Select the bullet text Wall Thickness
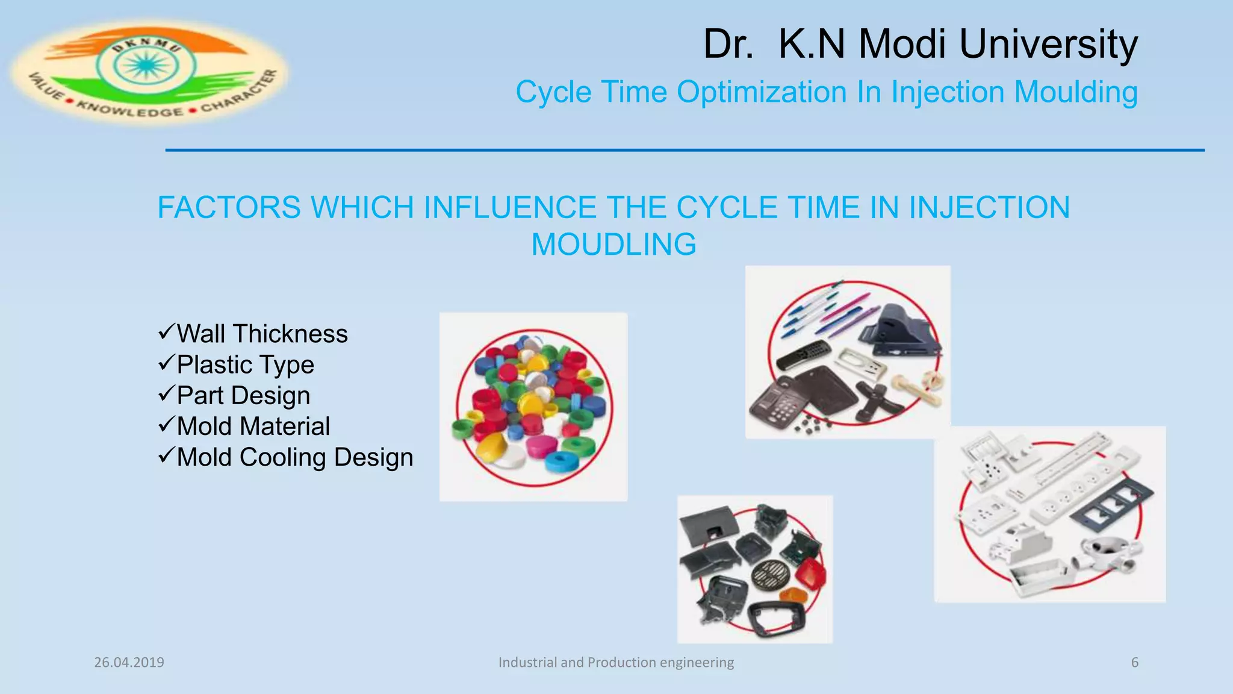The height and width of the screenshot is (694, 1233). point(262,334)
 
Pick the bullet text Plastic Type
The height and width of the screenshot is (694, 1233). point(245,364)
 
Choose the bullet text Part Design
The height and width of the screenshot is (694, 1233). point(243,396)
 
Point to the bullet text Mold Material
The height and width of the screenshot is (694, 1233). point(253,427)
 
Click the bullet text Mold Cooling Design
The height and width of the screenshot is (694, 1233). point(295,457)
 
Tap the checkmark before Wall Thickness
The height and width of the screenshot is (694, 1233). point(166,331)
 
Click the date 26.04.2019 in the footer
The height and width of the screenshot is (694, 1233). point(129,663)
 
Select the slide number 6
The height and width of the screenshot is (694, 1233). point(1135,663)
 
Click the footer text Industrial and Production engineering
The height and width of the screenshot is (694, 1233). point(616,663)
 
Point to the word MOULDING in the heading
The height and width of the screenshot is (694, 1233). point(613,245)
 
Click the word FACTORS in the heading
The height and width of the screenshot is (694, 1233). point(229,208)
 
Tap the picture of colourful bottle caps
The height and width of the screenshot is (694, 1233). point(533,407)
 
